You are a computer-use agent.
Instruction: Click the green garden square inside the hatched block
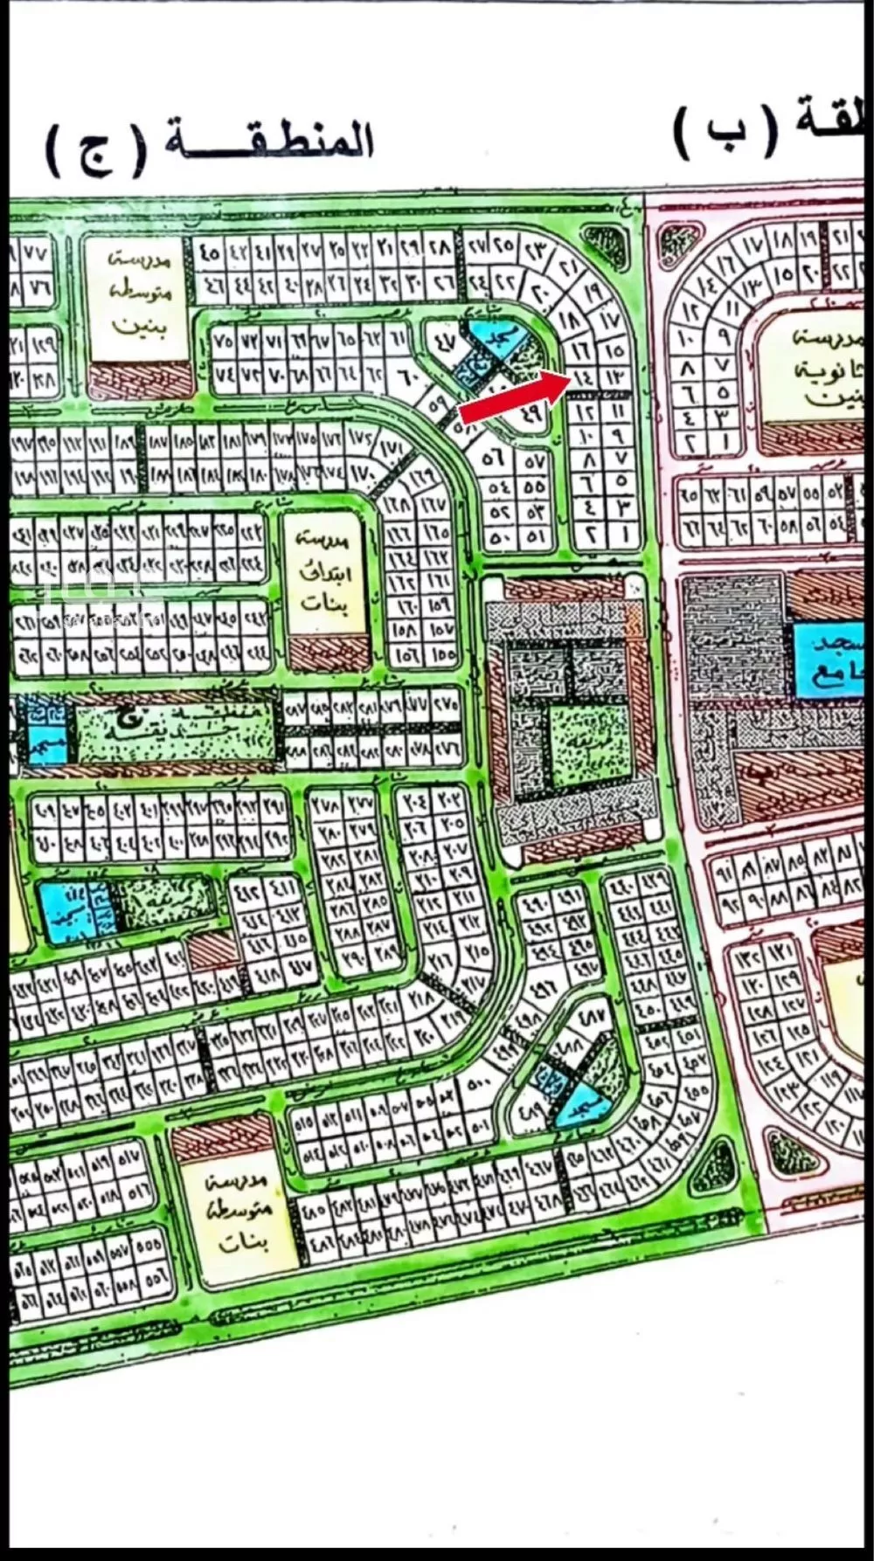pyautogui.click(x=586, y=743)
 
